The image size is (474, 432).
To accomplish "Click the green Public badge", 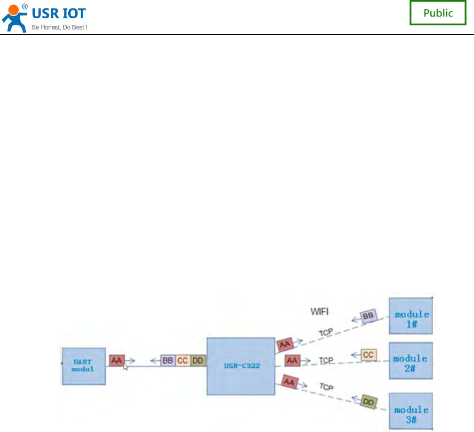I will pyautogui.click(x=438, y=13).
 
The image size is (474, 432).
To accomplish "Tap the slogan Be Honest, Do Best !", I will pyautogui.click(x=59, y=27).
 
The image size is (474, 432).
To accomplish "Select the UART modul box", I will pyautogui.click(x=84, y=366).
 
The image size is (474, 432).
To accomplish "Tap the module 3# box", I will pyautogui.click(x=411, y=410).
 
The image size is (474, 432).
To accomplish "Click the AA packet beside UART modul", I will pyautogui.click(x=116, y=361).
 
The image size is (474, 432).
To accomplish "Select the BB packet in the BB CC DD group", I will pyautogui.click(x=167, y=361).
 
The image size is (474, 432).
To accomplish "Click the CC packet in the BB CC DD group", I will pyautogui.click(x=182, y=361).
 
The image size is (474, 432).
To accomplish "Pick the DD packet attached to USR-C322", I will pyautogui.click(x=198, y=361).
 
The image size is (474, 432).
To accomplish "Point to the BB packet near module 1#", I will pyautogui.click(x=369, y=317).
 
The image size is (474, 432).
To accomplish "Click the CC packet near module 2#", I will pyautogui.click(x=369, y=355).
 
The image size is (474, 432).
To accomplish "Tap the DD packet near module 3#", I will pyautogui.click(x=369, y=402).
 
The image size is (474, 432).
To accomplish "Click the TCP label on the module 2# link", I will pyautogui.click(x=326, y=361).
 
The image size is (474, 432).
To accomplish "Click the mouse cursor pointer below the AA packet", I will pyautogui.click(x=125, y=367).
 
